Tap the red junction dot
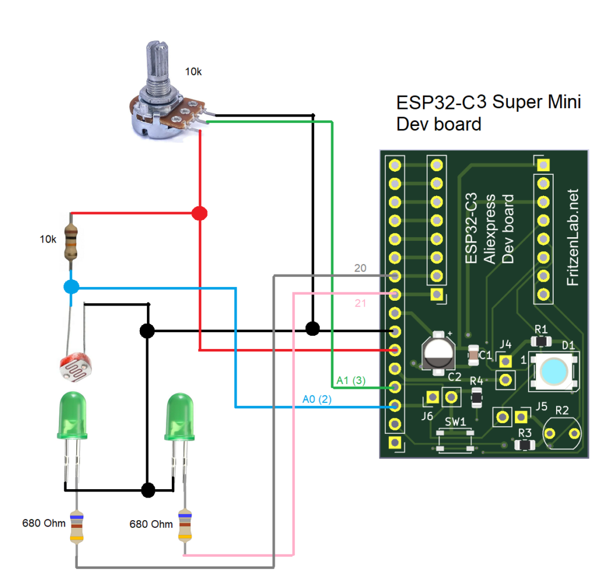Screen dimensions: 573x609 (200, 213)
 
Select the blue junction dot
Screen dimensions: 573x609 (71, 288)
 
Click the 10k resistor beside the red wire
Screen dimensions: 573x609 (71, 242)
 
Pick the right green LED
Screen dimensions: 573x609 (180, 415)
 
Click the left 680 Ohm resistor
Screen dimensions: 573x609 (76, 527)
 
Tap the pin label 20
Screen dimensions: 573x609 (360, 268)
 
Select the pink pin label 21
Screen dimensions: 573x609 (360, 304)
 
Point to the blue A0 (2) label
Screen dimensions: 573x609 (316, 399)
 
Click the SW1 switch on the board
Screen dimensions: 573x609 (455, 439)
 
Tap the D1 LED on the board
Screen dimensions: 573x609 (554, 370)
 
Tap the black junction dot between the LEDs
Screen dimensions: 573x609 (148, 490)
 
